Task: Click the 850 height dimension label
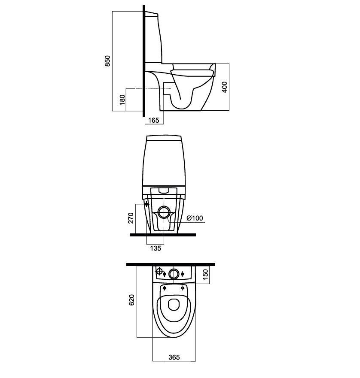click(x=108, y=61)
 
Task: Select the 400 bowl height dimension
click(x=225, y=87)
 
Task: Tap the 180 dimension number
click(x=123, y=100)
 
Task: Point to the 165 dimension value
click(x=154, y=120)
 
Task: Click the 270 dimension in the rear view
click(x=131, y=218)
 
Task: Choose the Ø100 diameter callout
click(x=195, y=218)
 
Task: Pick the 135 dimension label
click(x=156, y=248)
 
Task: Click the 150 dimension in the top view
click(x=205, y=274)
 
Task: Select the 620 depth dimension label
click(x=131, y=300)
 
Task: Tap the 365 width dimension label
click(x=174, y=357)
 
